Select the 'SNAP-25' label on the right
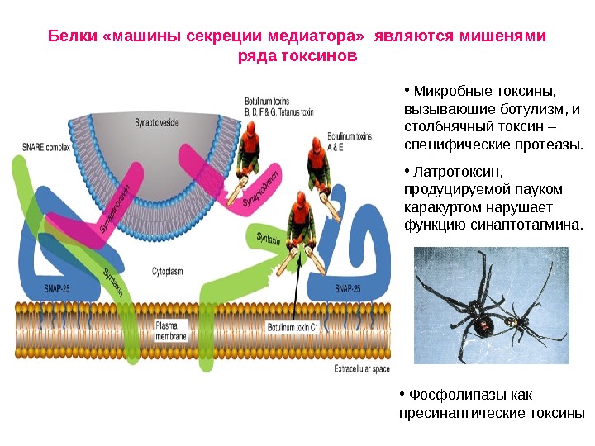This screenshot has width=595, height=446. point(345,289)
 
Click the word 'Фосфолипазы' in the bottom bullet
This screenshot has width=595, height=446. point(455,396)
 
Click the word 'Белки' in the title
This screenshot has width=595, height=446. point(71,36)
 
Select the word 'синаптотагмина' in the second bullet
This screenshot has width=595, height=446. point(528,224)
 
